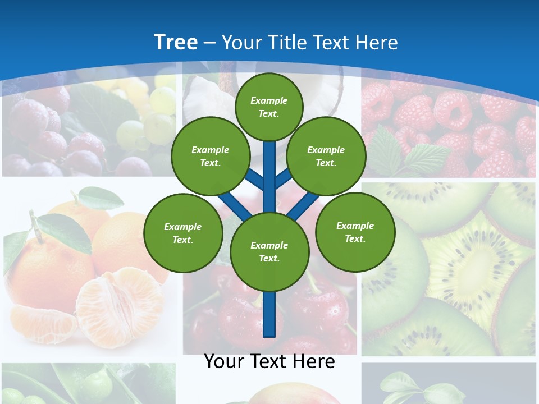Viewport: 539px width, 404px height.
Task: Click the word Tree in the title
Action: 176,42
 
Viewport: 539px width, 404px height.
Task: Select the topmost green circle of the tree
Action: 269,107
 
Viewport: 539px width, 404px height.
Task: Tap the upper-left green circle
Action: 210,156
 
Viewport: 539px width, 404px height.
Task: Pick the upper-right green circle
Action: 326,156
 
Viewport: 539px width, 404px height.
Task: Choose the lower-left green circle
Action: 182,233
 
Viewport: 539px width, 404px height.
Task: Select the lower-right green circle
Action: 355,232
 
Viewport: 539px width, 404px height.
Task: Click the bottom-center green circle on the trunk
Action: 269,251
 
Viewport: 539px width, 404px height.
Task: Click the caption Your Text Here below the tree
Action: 269,361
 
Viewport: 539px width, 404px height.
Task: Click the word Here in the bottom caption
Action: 314,361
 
